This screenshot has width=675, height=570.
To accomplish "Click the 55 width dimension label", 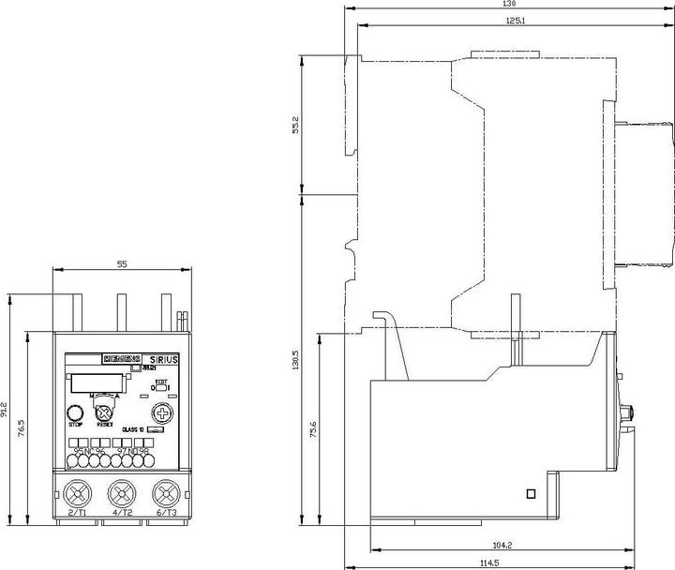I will click(x=121, y=265).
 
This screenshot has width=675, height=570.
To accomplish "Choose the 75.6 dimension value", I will click(x=313, y=432).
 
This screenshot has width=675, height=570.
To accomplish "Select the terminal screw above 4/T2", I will click(x=121, y=492).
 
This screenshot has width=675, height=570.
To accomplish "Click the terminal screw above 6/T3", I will click(x=166, y=492).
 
